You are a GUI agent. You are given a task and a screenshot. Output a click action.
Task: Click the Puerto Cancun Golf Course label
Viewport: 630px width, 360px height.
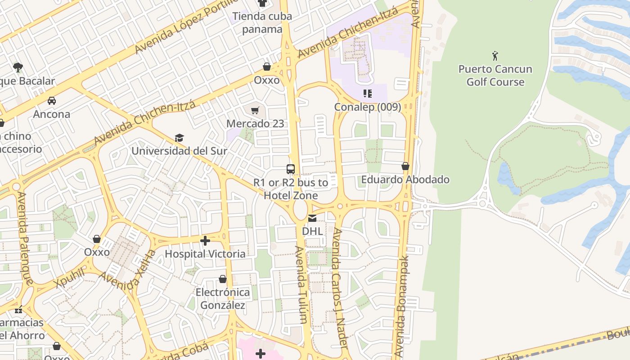point(495,76)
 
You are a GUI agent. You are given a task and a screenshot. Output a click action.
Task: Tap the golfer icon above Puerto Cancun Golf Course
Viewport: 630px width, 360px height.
point(495,56)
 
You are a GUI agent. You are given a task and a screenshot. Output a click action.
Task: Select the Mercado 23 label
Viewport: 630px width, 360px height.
point(255,124)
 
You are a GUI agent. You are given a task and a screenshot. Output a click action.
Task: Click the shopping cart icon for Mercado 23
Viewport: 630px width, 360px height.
point(255,110)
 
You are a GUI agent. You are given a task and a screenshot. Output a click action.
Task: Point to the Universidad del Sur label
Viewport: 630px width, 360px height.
point(179,151)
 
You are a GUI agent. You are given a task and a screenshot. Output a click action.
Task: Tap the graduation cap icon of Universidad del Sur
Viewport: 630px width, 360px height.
point(179,138)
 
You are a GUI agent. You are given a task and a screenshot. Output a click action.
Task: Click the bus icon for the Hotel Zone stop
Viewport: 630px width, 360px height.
point(291,169)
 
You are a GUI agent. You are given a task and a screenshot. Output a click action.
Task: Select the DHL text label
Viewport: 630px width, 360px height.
point(312,231)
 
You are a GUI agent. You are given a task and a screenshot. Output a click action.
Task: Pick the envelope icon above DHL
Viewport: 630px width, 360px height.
point(312,218)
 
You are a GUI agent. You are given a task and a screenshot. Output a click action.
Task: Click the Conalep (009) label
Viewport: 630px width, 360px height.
point(367,107)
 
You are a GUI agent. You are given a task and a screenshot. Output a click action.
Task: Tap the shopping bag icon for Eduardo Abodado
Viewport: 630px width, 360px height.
point(405,166)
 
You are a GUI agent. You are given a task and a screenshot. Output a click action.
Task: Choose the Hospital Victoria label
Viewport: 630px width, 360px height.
point(205,254)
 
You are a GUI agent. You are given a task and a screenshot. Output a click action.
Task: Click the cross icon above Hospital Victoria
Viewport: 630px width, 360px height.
point(205,241)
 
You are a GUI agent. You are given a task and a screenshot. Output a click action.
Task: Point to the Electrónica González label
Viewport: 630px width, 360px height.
point(222,299)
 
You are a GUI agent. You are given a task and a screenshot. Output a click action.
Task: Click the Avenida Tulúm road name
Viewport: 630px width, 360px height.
point(301,284)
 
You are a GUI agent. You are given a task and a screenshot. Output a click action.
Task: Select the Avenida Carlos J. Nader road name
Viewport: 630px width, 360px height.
point(339,288)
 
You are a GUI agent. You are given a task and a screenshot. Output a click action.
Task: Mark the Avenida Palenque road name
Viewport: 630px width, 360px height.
point(25,238)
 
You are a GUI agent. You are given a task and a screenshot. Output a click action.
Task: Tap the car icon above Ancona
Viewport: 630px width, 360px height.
point(52,100)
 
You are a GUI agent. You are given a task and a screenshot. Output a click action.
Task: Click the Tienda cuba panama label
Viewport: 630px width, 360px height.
point(262,22)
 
